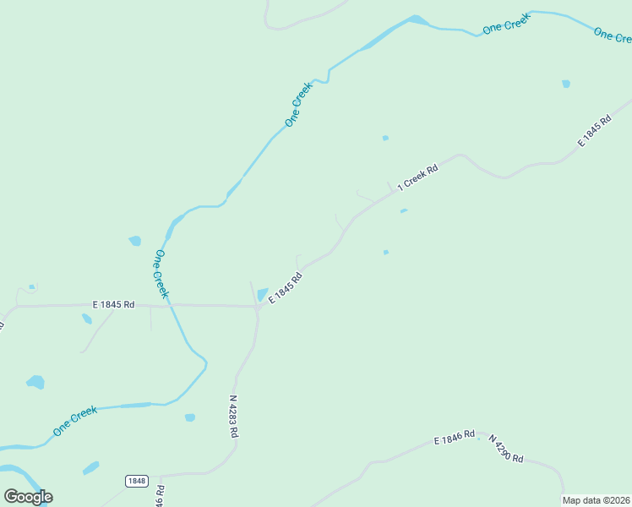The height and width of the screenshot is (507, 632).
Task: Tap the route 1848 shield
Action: click(x=136, y=481)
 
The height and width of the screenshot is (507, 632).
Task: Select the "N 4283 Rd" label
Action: click(x=234, y=416)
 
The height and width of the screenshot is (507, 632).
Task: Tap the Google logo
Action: click(x=29, y=497)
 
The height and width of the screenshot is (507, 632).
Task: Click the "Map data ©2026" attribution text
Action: click(x=597, y=500)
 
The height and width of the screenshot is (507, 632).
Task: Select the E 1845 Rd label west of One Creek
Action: click(x=113, y=304)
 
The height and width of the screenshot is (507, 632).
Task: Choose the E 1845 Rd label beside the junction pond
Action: click(x=286, y=288)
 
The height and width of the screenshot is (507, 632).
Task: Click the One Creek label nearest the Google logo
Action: click(x=75, y=421)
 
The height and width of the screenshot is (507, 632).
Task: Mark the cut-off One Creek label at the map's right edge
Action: click(x=613, y=35)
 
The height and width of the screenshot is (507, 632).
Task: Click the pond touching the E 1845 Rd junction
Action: click(x=262, y=294)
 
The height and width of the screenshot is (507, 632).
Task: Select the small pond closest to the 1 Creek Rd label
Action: click(x=404, y=210)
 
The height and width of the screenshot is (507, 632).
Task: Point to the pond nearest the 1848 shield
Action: click(x=90, y=467)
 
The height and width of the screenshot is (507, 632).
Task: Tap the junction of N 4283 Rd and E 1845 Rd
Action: click(x=258, y=308)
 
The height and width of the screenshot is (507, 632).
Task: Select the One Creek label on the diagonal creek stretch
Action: click(x=298, y=104)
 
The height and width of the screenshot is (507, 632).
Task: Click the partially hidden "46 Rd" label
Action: click(x=160, y=495)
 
